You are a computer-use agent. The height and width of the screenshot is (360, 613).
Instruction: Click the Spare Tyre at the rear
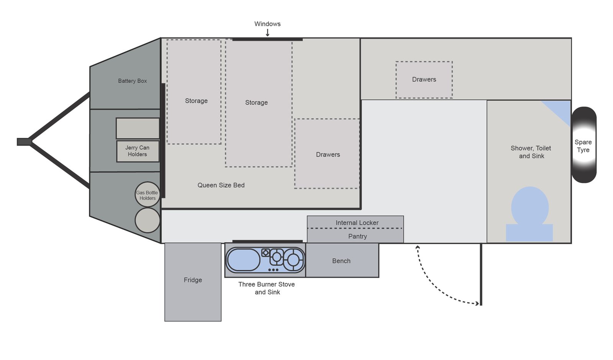point(584,145)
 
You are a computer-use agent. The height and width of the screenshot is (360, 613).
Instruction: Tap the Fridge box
point(193,282)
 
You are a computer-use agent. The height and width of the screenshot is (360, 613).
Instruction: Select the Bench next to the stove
point(342,260)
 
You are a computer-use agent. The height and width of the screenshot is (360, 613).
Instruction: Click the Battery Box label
point(133,81)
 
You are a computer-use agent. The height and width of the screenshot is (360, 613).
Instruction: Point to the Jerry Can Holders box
point(138,151)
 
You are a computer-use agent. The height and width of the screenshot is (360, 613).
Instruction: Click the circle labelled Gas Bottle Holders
point(148,194)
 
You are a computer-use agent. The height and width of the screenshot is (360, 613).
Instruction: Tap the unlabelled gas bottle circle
point(148,221)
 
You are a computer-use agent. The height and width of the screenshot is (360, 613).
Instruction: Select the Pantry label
point(357,236)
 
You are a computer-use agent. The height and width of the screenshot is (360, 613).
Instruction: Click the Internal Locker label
point(357,223)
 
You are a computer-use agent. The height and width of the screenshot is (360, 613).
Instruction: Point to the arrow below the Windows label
point(268,33)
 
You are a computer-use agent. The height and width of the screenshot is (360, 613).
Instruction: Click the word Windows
point(267,24)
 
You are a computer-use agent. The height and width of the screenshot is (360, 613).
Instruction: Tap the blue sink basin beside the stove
point(243,260)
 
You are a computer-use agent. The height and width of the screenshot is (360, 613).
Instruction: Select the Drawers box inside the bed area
point(327,154)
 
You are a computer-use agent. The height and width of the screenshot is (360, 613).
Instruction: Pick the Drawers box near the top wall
point(424,80)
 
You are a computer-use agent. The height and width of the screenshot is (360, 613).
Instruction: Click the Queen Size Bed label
point(221,185)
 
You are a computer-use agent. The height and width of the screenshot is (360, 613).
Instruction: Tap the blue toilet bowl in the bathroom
point(530,208)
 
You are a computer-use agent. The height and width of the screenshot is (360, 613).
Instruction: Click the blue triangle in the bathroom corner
point(561,110)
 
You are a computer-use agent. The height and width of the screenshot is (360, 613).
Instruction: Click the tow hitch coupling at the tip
point(24,142)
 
